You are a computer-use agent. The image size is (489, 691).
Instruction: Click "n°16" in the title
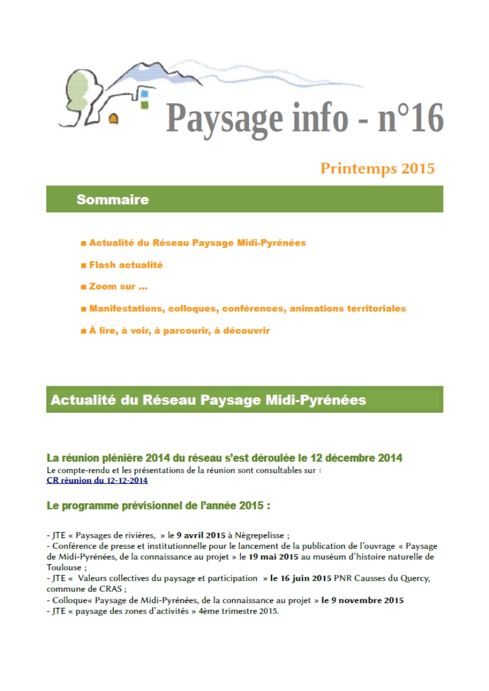pyautogui.click(x=410, y=118)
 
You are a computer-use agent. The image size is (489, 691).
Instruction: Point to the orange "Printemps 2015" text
pyautogui.click(x=378, y=169)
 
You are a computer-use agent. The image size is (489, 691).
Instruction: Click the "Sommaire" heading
pyautogui.click(x=112, y=199)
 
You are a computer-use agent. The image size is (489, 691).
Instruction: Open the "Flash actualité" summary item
pyautogui.click(x=126, y=265)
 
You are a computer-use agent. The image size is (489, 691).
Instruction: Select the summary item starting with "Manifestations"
pyautogui.click(x=247, y=308)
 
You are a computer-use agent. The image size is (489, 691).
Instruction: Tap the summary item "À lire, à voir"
pyautogui.click(x=179, y=330)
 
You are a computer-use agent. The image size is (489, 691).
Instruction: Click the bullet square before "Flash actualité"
pyautogui.click(x=83, y=265)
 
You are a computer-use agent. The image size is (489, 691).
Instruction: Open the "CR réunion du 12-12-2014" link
pyautogui.click(x=97, y=480)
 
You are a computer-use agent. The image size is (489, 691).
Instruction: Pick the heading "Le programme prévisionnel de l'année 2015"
pyautogui.click(x=158, y=506)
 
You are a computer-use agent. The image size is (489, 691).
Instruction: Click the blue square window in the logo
pyautogui.click(x=145, y=94)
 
